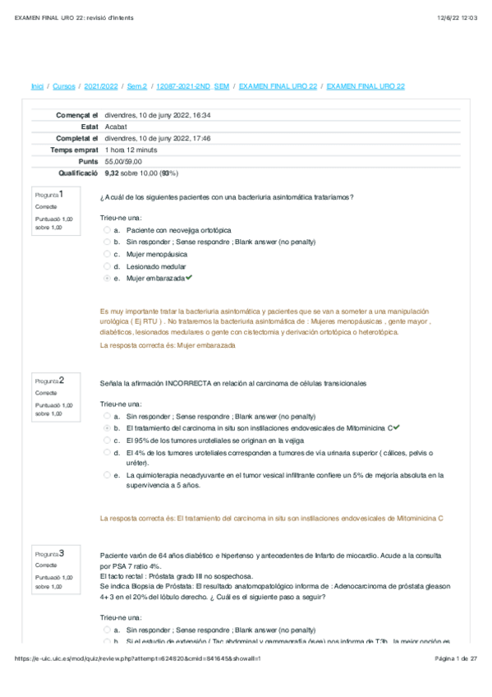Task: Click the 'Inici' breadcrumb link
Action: point(37,86)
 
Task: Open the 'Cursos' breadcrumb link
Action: point(64,86)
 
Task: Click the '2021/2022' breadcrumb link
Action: point(101,86)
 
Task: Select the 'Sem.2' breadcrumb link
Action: point(138,86)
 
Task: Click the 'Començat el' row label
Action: point(76,115)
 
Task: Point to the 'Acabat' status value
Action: point(116,127)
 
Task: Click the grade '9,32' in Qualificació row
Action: point(113,173)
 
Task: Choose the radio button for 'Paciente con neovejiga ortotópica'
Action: point(107,231)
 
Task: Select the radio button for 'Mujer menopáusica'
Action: point(107,255)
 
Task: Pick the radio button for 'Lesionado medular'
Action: point(107,266)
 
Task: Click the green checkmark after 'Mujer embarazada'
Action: point(190,279)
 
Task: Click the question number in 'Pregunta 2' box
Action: point(62,380)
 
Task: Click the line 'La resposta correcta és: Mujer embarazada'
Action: point(168,346)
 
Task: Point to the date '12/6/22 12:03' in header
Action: point(461,16)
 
